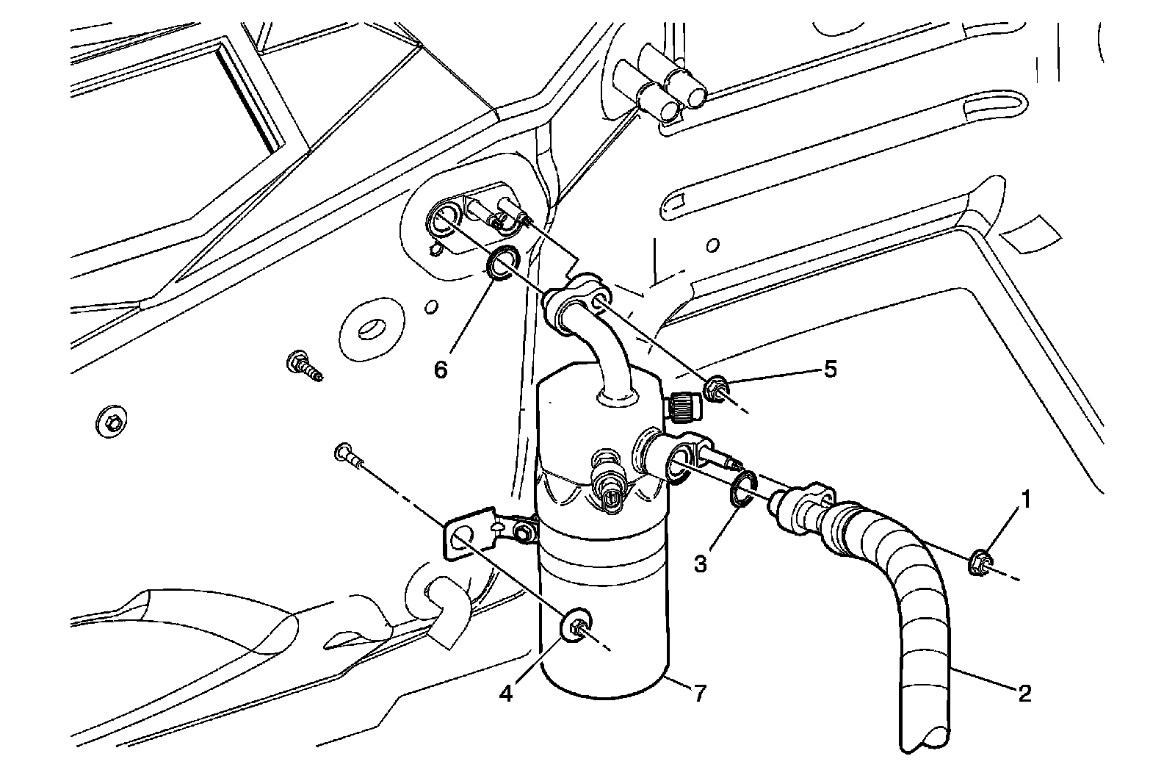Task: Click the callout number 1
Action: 1026,501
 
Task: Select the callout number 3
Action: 701,564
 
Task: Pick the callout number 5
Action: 830,369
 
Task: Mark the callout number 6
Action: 441,370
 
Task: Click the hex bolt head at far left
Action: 112,422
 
